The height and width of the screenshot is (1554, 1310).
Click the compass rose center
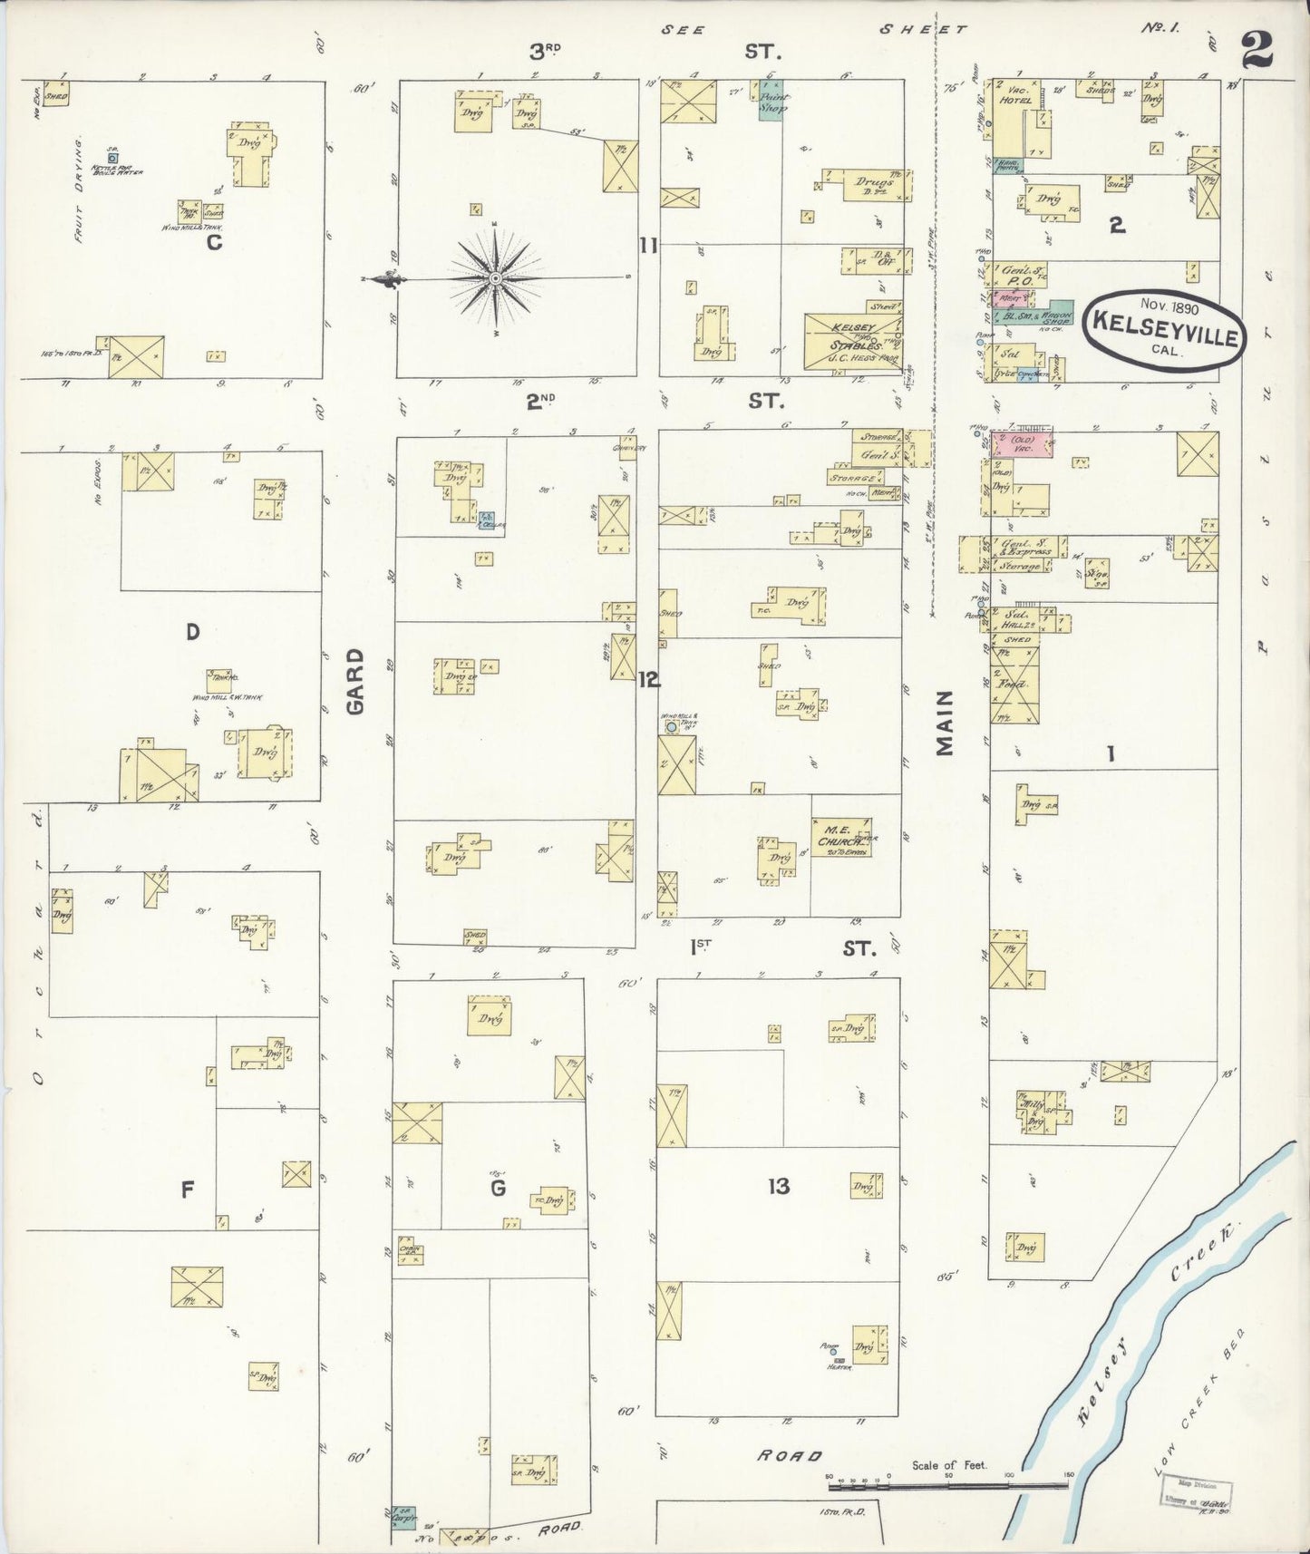pyautogui.click(x=496, y=279)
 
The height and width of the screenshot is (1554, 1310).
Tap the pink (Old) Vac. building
pyautogui.click(x=1023, y=444)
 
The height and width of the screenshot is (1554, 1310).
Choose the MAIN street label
pyautogui.click(x=946, y=723)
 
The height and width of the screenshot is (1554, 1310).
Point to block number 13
pyautogui.click(x=779, y=1185)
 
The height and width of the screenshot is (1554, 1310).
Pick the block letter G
pyautogui.click(x=497, y=1188)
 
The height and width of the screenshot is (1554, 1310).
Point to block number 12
pyautogui.click(x=648, y=680)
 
